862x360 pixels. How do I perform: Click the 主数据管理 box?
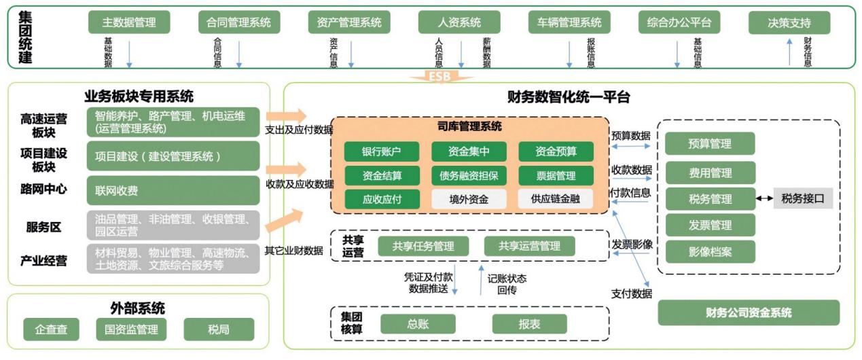[x=129, y=22]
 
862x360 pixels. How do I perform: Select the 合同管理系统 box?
[x=238, y=22]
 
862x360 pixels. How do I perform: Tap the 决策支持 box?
[x=789, y=22]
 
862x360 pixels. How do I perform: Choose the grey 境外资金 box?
[x=469, y=200]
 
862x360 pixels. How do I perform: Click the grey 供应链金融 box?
[x=556, y=200]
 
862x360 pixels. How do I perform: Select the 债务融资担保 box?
[x=469, y=176]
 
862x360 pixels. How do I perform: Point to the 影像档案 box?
[x=710, y=251]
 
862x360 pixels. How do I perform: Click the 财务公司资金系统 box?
[x=749, y=313]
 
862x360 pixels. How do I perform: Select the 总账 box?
[x=418, y=324]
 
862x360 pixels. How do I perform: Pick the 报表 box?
[x=529, y=324]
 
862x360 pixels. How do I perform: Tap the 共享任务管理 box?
[x=423, y=246]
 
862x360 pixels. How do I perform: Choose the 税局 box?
[x=219, y=329]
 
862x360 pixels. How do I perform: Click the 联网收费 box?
[x=173, y=191]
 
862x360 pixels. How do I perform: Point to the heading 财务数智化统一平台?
[x=569, y=97]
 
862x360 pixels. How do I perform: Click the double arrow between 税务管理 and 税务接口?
[x=764, y=198]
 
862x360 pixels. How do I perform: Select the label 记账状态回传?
[x=507, y=284]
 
